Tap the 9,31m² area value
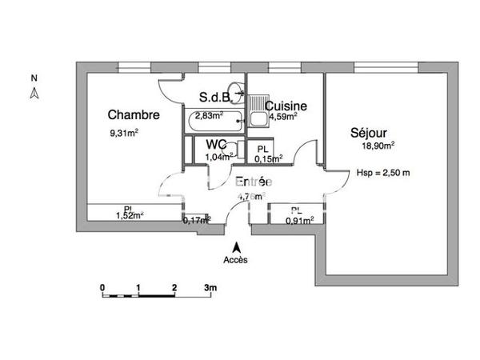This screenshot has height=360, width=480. [124, 133]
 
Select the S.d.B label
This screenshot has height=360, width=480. [214, 98]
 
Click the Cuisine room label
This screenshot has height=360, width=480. [282, 106]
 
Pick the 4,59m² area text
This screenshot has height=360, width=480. [283, 117]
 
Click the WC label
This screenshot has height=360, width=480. [216, 144]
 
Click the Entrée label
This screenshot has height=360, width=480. [254, 182]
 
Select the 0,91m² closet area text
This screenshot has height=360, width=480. [299, 221]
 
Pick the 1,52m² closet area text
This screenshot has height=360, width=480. [130, 215]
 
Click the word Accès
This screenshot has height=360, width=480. [235, 260]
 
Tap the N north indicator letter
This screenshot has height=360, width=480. [34, 78]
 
